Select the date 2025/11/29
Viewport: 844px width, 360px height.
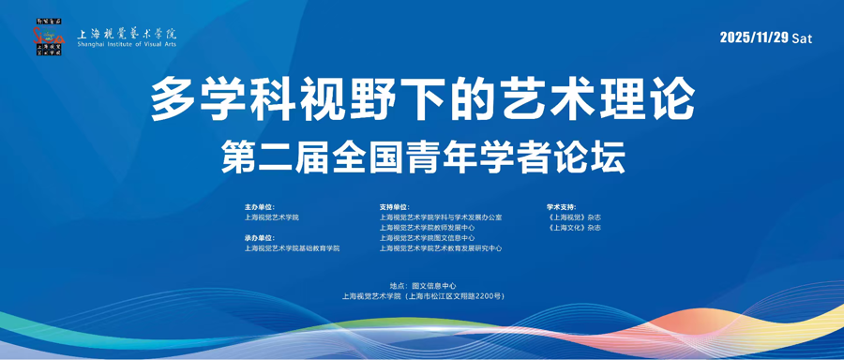coord(754,37)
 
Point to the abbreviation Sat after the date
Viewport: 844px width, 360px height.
coord(802,38)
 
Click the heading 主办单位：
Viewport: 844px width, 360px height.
coord(260,207)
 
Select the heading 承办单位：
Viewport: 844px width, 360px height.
coord(260,238)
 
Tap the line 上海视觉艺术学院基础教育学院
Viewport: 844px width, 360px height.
coord(292,248)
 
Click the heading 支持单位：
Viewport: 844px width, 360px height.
coord(395,207)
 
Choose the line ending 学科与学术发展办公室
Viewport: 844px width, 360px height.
coord(441,217)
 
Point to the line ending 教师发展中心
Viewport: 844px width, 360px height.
coord(428,228)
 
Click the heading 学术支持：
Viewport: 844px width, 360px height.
coord(562,207)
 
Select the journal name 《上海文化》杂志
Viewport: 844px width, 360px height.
coord(574,228)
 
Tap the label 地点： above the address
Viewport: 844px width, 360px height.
coord(399,285)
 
